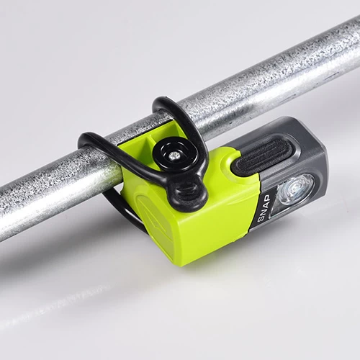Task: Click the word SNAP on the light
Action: (264, 208)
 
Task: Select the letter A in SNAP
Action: (265, 204)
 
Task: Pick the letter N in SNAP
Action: (264, 211)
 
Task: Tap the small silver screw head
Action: (173, 156)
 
